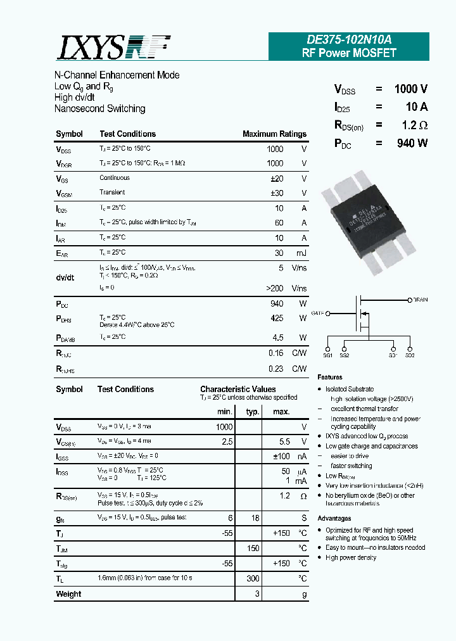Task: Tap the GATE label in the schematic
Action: pyautogui.click(x=318, y=313)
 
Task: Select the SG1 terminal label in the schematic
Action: pyautogui.click(x=393, y=356)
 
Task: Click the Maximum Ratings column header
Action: pyautogui.click(x=274, y=134)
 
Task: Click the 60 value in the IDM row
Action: pyautogui.click(x=279, y=223)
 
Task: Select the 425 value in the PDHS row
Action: pyautogui.click(x=276, y=319)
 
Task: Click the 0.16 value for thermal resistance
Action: pyautogui.click(x=275, y=353)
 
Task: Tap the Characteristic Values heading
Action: pyautogui.click(x=237, y=390)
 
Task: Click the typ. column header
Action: pyautogui.click(x=253, y=412)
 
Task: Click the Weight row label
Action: pyautogui.click(x=68, y=594)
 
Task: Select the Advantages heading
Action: pyautogui.click(x=334, y=518)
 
